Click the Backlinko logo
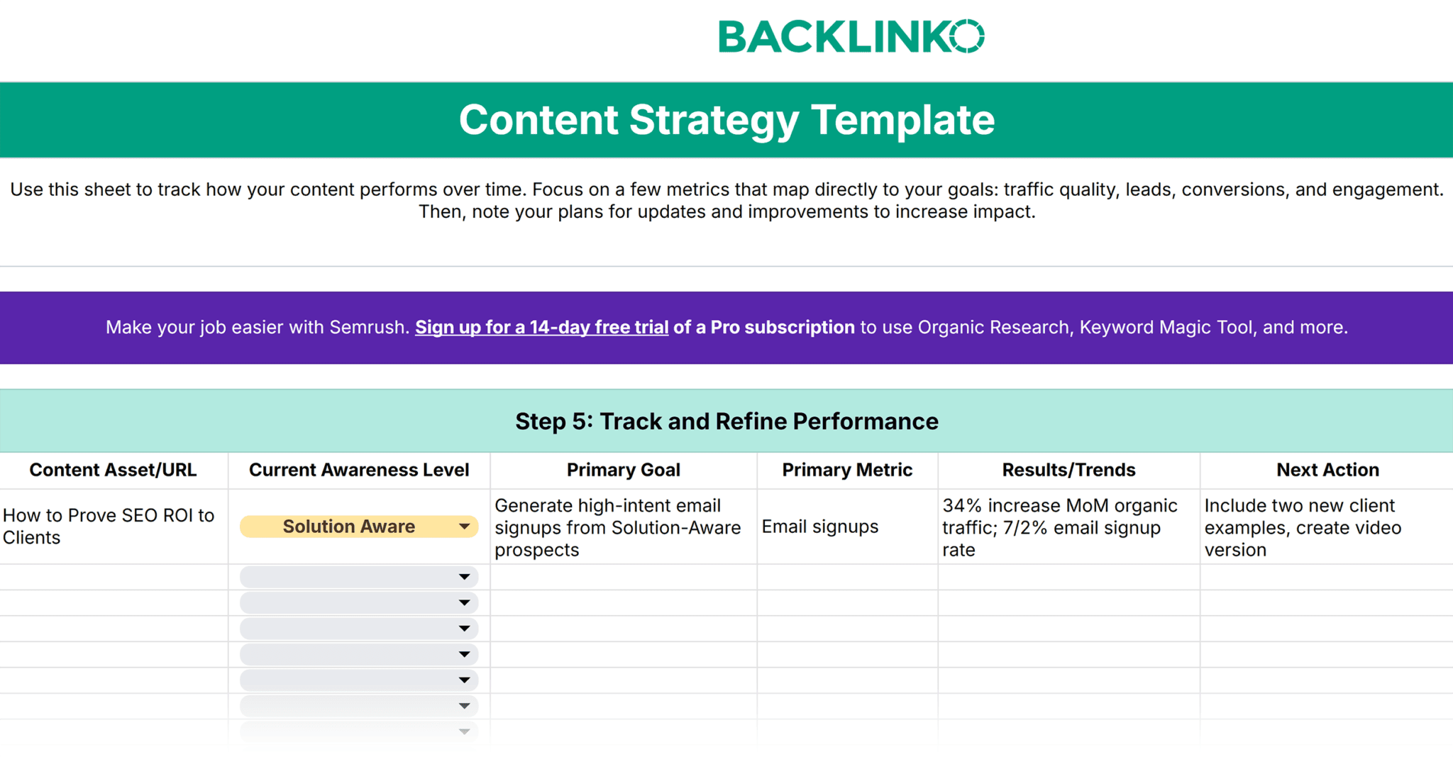(x=851, y=36)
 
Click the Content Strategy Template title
(x=726, y=119)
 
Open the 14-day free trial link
(x=541, y=327)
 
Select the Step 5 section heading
(x=726, y=421)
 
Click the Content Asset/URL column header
(x=113, y=470)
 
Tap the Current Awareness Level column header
(x=359, y=470)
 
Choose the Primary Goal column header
(x=624, y=470)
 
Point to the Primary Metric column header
(x=847, y=470)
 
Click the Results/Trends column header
(x=1068, y=470)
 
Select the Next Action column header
(x=1327, y=470)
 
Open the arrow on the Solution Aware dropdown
(x=464, y=526)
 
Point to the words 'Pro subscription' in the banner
(x=783, y=327)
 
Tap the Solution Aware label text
(x=349, y=526)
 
